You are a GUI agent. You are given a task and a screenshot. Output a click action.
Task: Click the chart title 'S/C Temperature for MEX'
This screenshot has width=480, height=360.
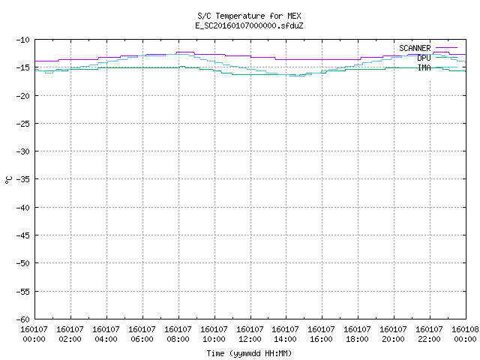click(x=249, y=16)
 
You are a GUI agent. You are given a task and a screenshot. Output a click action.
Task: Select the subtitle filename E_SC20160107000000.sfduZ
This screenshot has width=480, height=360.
click(x=249, y=25)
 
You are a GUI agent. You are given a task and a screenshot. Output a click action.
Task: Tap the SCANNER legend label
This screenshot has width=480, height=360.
click(x=415, y=48)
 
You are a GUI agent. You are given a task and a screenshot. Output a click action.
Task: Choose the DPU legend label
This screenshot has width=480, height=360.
click(x=424, y=58)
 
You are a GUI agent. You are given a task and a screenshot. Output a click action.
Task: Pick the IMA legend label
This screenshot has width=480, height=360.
click(x=424, y=67)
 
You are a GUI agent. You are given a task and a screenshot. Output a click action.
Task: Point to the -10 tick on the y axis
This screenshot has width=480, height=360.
click(x=23, y=40)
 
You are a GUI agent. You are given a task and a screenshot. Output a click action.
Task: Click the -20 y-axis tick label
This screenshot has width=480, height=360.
click(x=23, y=96)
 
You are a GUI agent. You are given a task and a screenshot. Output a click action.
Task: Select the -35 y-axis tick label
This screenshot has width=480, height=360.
click(x=23, y=179)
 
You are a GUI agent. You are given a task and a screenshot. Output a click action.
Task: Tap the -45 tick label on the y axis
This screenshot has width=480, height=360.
click(x=23, y=235)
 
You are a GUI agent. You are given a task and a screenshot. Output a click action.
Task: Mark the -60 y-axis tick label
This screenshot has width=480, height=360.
click(x=23, y=319)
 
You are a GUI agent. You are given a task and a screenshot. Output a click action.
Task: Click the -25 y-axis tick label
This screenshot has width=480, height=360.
click(x=23, y=124)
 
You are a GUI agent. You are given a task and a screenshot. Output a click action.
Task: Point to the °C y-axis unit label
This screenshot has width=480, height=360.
click(x=8, y=180)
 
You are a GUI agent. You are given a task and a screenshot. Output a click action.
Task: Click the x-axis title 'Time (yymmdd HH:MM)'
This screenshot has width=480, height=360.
click(x=249, y=353)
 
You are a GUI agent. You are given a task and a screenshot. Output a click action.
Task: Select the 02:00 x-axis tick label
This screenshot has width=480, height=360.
click(x=70, y=339)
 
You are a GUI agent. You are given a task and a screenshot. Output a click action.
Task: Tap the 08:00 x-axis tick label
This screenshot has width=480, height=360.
click(x=178, y=339)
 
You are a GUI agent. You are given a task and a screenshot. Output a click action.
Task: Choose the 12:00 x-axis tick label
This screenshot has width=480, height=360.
click(x=250, y=339)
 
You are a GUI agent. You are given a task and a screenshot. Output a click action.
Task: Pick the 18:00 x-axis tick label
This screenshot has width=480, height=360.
click(x=357, y=339)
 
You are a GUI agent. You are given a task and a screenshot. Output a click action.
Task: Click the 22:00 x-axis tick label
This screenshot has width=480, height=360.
click(x=429, y=339)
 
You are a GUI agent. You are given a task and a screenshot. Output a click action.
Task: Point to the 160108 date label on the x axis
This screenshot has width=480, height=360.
click(x=465, y=329)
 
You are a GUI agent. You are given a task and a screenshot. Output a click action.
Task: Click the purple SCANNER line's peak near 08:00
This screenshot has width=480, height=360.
click(x=185, y=52)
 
